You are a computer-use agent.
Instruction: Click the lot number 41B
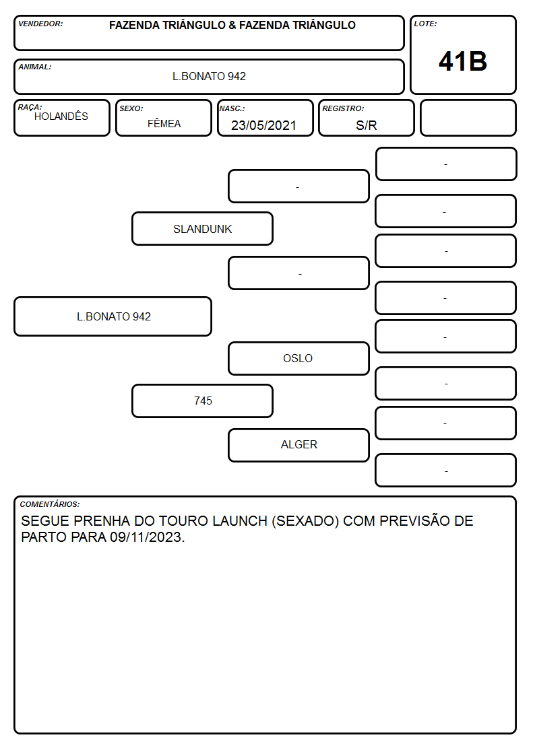coord(463,61)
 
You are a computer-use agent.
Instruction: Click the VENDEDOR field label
coord(40,24)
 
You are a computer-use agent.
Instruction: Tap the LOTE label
coord(425,24)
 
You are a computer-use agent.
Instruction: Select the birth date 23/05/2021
coord(263,125)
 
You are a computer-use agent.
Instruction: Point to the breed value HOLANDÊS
coord(61,116)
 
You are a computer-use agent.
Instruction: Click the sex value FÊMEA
coord(164,123)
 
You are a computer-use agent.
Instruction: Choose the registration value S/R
coord(366,125)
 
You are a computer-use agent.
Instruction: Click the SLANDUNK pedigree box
coord(203,229)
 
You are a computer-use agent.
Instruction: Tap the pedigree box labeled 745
coord(203,401)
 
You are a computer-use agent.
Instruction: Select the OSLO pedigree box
coord(298,358)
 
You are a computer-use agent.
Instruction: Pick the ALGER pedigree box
coord(298,445)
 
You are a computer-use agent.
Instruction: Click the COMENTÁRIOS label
coord(50,504)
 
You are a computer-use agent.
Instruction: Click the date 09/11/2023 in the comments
coord(147,537)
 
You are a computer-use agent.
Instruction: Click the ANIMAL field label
coord(35,67)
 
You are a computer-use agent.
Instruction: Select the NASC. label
coord(232,108)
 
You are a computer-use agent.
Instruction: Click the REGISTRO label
coord(343,108)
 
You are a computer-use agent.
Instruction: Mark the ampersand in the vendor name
coord(232,25)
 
